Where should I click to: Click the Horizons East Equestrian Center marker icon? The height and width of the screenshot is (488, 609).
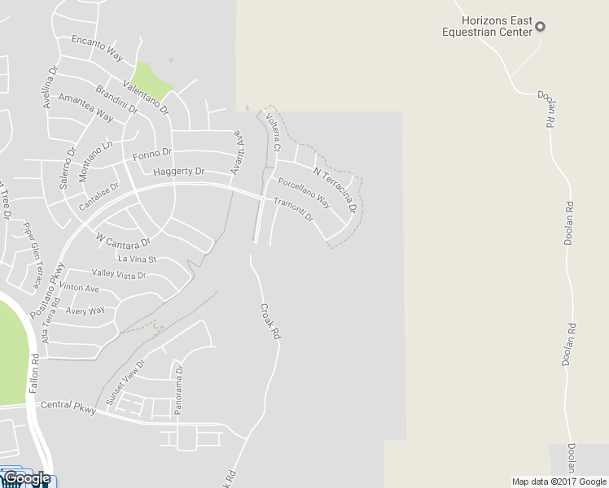click(540, 27)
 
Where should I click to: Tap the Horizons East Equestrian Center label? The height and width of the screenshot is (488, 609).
click(486, 27)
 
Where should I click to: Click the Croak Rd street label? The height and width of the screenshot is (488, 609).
click(269, 321)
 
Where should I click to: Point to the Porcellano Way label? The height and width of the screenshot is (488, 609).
click(304, 192)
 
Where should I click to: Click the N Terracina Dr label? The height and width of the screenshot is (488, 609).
click(335, 190)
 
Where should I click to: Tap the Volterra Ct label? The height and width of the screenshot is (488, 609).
click(273, 132)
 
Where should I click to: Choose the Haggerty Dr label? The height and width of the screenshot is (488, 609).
click(179, 172)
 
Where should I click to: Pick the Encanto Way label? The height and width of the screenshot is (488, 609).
click(97, 47)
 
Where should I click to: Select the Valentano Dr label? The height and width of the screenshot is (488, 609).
click(146, 96)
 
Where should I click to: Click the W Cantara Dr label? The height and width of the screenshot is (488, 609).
click(124, 241)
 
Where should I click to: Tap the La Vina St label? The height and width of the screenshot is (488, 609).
click(137, 259)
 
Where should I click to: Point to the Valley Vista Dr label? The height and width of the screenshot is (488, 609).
click(119, 275)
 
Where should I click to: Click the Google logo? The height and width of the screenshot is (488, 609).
click(27, 478)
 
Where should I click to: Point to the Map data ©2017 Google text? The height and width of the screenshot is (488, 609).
click(559, 481)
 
